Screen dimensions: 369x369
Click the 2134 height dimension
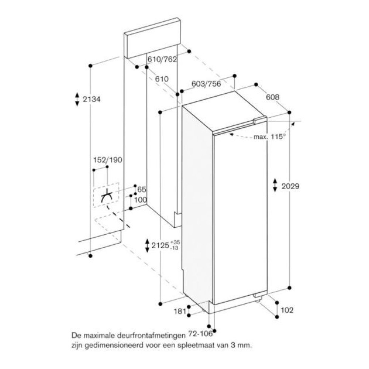(92, 99)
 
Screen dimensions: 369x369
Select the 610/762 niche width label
(162, 59)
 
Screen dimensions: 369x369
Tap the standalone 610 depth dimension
(162, 79)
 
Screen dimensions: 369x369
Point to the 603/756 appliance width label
(206, 84)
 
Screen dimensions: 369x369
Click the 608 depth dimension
(273, 97)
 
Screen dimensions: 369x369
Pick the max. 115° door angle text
(270, 137)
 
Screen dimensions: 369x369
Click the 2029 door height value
(291, 186)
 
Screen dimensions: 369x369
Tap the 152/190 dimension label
(108, 160)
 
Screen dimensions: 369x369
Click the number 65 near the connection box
(142, 189)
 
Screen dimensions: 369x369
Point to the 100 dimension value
(141, 200)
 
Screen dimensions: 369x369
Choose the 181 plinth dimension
(180, 311)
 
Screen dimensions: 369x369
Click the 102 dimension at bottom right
(287, 310)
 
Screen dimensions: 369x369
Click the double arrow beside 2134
(77, 99)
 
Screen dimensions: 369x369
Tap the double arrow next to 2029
(275, 185)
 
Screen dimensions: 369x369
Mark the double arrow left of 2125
(147, 246)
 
